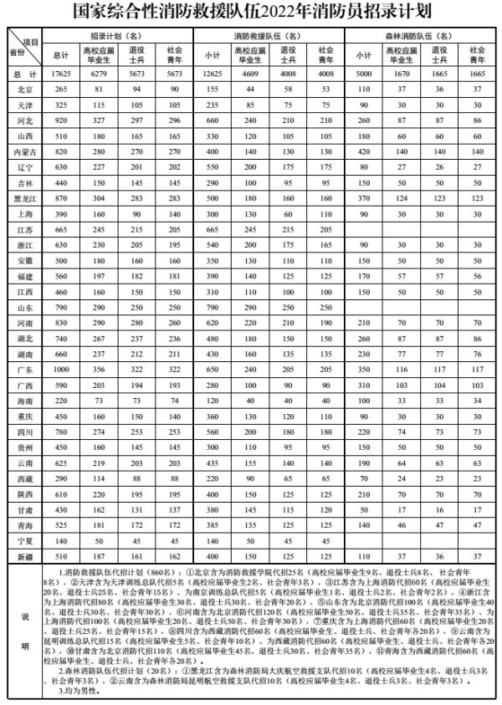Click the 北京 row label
coord(25,88)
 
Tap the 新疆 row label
coord(25,555)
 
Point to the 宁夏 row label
coord(25,540)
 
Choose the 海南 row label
coord(25,401)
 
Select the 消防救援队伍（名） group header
coord(268,37)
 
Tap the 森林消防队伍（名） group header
coord(418,37)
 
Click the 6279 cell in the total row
coord(98,74)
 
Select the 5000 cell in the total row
coord(363,74)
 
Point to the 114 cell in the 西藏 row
coord(98,478)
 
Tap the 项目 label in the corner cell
coord(31,42)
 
